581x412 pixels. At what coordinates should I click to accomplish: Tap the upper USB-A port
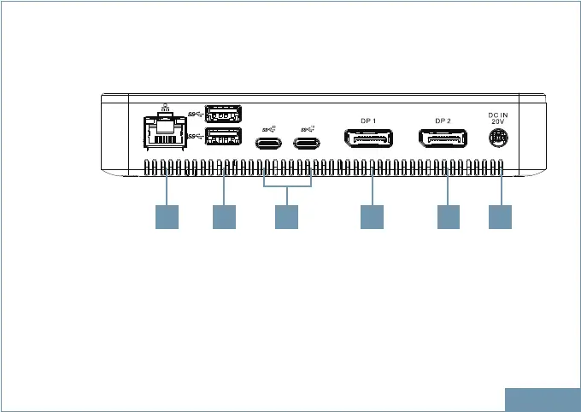224,114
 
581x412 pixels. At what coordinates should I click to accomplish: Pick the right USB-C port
308,141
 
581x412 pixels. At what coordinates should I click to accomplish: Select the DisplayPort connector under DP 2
443,139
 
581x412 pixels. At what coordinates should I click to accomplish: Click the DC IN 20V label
498,118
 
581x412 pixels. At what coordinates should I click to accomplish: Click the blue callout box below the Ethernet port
167,216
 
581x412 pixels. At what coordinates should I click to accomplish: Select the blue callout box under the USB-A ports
224,216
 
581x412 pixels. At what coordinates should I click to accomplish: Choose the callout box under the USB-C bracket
286,216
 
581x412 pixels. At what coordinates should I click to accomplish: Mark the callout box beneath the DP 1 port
372,216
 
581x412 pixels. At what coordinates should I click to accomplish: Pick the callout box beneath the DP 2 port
448,216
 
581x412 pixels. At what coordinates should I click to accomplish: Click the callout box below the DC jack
500,216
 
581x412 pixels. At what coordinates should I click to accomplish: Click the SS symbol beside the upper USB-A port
194,115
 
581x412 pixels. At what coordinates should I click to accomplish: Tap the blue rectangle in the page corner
542,399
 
